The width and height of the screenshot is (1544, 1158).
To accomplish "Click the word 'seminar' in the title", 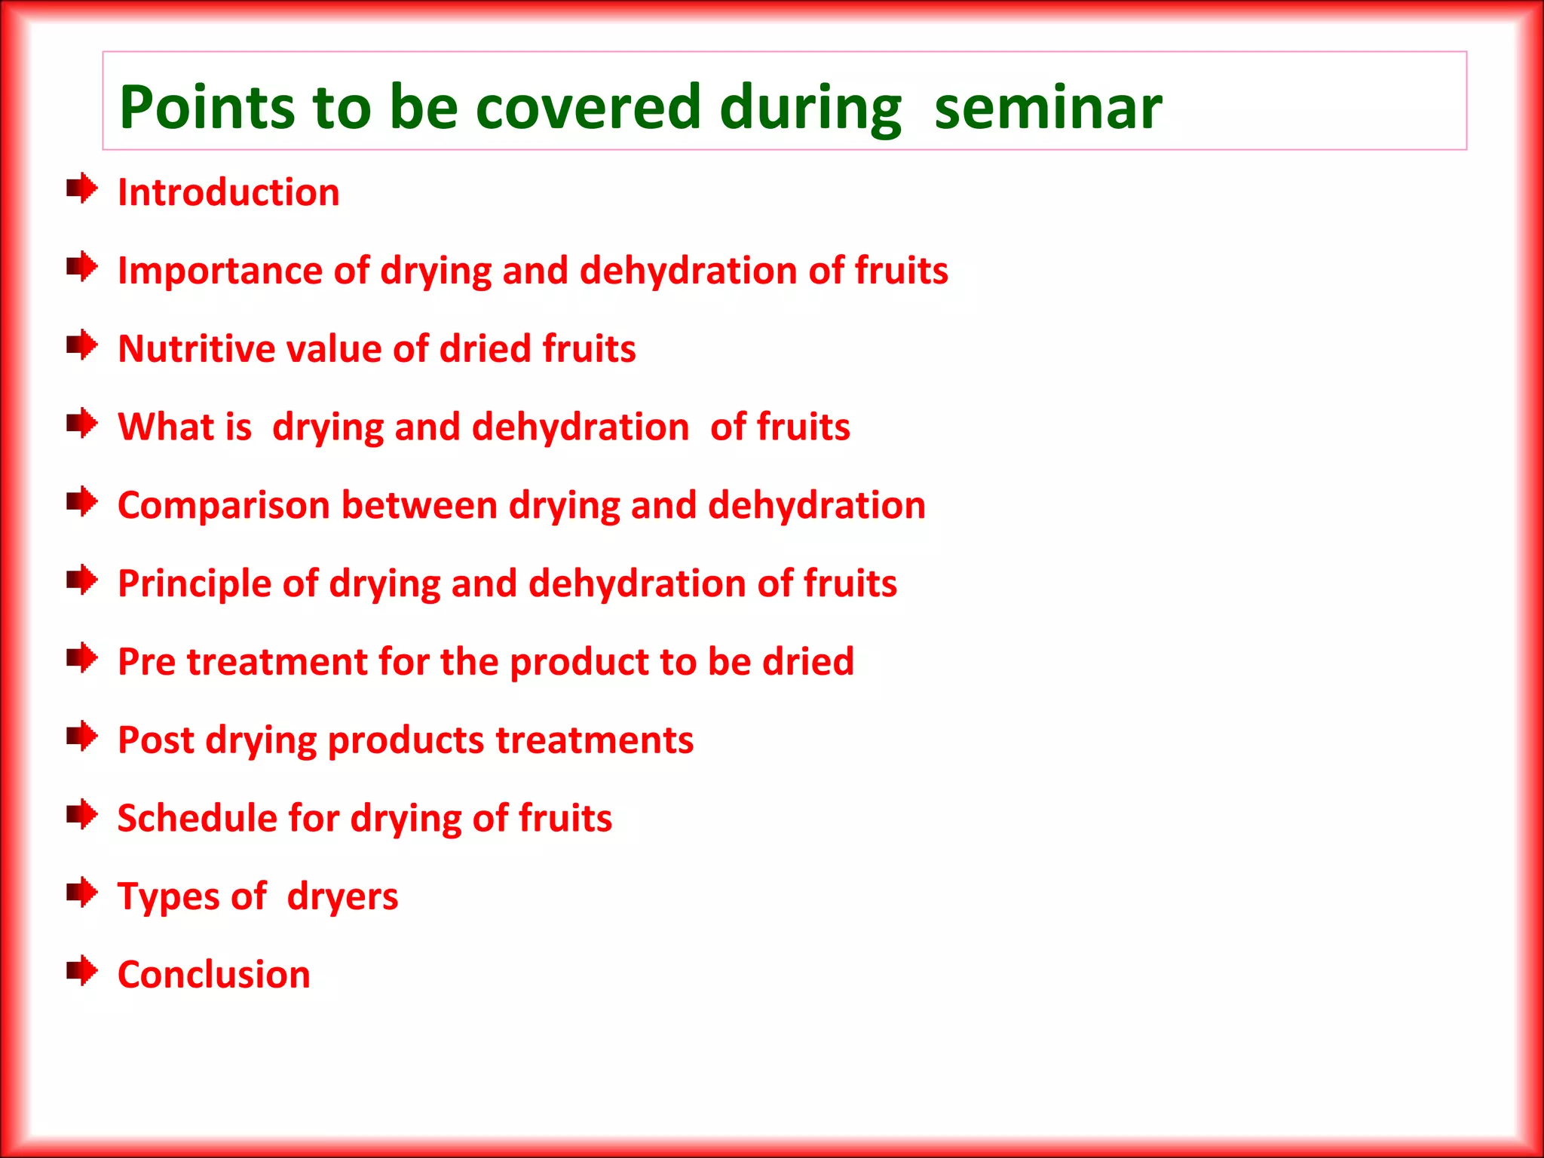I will pos(1047,108).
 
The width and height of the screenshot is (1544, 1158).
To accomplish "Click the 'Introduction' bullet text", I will pos(228,193).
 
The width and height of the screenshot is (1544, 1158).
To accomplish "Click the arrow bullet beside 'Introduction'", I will pos(81,188).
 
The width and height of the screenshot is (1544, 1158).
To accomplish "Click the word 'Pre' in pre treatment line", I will pos(146,662).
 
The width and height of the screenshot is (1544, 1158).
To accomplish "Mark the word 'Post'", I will pos(156,740).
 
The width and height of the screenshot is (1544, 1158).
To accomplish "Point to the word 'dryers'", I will pos(342,898).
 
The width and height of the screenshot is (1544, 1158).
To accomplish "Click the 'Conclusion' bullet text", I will pos(214,975).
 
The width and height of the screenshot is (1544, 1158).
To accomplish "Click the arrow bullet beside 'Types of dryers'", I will pos(81,893).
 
